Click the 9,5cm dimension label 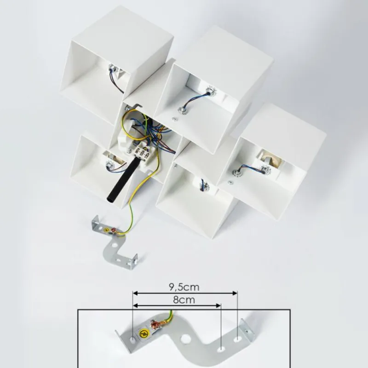pos(184,287)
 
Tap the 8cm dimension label pos(184,300)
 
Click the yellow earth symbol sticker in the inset pos(144,333)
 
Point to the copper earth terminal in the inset pos(155,325)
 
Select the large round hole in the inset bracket pos(185,339)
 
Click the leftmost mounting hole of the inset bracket pos(133,339)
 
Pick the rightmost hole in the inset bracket pos(237,339)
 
